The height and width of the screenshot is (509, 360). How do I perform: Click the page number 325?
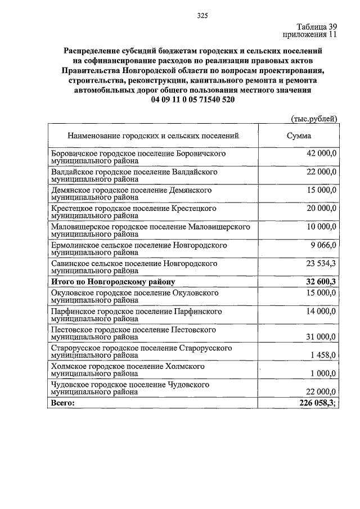tap(202, 16)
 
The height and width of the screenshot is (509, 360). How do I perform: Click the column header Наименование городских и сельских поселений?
tap(154, 136)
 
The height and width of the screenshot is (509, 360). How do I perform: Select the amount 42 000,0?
tap(321, 154)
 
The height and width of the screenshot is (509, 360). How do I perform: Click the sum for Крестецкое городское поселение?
tap(321, 209)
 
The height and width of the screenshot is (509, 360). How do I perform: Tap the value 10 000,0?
tap(321, 227)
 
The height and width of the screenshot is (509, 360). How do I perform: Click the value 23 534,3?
tap(321, 263)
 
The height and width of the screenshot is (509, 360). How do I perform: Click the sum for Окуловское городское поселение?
tap(321, 293)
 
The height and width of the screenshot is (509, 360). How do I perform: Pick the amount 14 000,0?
tap(321, 311)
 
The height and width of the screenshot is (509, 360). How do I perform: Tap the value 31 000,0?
tap(321, 337)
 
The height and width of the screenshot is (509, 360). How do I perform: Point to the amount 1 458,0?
tap(323, 355)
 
